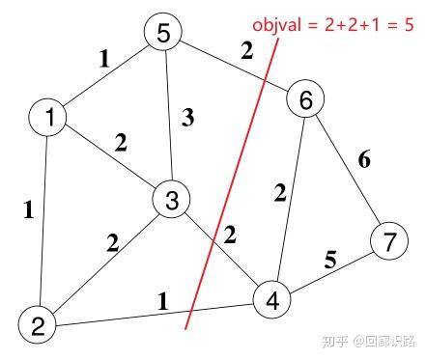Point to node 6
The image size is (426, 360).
pyautogui.click(x=304, y=99)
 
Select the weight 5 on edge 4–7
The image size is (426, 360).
pyautogui.click(x=330, y=260)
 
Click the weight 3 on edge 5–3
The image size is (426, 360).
pyautogui.click(x=188, y=120)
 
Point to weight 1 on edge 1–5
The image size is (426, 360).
pyautogui.click(x=103, y=57)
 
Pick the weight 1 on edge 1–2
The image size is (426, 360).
pyautogui.click(x=30, y=207)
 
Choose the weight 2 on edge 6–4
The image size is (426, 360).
pyautogui.click(x=278, y=194)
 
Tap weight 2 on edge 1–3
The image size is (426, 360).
pyautogui.click(x=120, y=143)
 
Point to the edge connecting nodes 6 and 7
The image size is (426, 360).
pyautogui.click(x=348, y=172)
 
